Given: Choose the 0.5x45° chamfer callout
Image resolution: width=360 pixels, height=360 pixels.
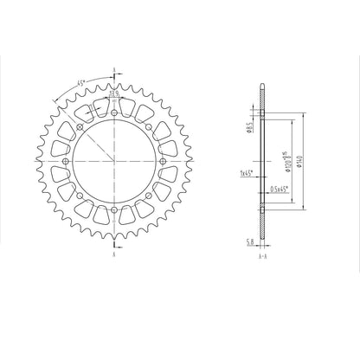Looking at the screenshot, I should [x=279, y=190].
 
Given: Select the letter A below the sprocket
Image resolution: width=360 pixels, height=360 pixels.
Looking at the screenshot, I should [x=114, y=256].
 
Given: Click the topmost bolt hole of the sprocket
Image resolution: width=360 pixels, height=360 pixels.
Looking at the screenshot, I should [x=114, y=112].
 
